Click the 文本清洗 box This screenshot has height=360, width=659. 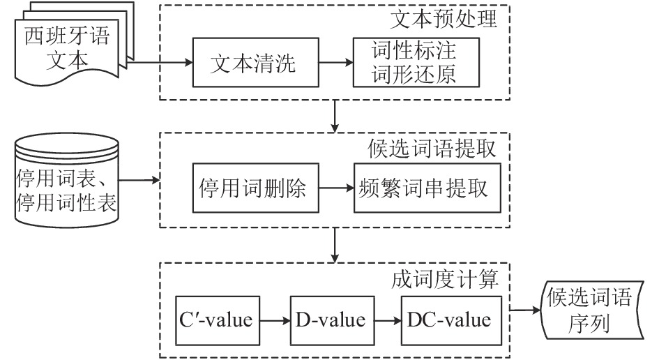click(255, 63)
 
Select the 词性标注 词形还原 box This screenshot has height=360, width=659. click(416, 63)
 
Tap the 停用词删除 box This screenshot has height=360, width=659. click(255, 188)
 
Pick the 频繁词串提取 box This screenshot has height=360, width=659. click(427, 188)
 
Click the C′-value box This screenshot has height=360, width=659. click(218, 321)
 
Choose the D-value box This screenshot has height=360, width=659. click(332, 321)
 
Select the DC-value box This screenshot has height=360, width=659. click(451, 321)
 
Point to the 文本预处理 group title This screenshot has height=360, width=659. click(444, 20)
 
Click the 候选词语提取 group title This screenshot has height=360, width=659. click(432, 149)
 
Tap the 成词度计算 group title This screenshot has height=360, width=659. click(445, 279)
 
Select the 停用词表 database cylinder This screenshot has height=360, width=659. click(67, 181)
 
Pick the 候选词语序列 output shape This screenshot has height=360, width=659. click(592, 310)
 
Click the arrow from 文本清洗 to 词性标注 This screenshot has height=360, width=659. click(336, 63)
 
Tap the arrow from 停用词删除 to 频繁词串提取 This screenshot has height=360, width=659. click(336, 188)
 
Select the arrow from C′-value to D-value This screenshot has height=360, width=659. click(275, 321)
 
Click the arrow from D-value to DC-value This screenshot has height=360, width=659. click(388, 321)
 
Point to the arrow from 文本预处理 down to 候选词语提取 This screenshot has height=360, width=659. click(335, 116)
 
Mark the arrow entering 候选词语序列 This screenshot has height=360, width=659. click(525, 310)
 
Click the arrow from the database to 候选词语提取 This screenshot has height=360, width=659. click(139, 181)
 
